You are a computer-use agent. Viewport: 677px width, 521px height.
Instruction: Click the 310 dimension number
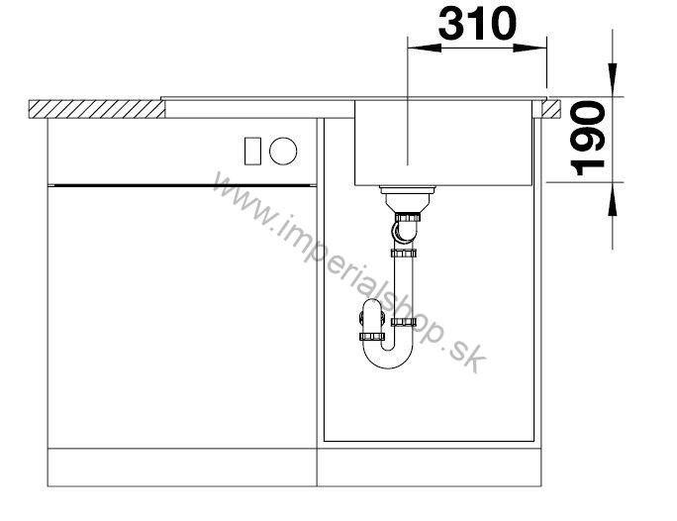point(477,23)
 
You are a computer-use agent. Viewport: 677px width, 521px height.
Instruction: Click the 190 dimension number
point(587,139)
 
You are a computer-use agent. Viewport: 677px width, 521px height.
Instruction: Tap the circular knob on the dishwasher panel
point(283,151)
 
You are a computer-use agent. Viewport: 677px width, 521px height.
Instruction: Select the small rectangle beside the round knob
point(252,152)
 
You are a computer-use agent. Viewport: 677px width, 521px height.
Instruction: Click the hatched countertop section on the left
point(97,109)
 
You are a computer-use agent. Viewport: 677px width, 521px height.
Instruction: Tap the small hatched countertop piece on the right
point(551,109)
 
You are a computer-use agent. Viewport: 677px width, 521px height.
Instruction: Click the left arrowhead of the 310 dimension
point(425,48)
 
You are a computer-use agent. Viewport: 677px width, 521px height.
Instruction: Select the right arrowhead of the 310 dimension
point(531,48)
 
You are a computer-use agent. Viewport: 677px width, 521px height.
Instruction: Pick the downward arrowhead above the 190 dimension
point(613,80)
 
